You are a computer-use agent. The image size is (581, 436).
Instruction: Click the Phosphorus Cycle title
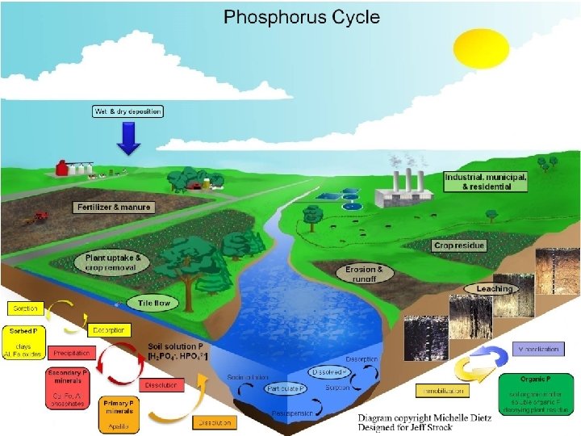(301, 17)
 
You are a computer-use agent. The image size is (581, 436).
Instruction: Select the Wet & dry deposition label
(128, 111)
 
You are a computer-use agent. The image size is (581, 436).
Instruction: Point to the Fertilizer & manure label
(115, 208)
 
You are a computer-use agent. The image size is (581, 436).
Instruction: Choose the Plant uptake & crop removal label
(114, 262)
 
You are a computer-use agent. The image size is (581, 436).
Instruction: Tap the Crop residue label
(459, 245)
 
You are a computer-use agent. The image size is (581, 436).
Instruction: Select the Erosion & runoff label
(365, 274)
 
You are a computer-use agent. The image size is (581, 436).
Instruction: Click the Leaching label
(494, 288)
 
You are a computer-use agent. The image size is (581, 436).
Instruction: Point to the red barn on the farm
(61, 168)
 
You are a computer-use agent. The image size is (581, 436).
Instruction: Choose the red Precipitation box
(72, 353)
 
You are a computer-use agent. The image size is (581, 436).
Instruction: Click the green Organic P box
(537, 394)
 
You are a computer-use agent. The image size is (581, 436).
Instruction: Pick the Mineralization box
(542, 349)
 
